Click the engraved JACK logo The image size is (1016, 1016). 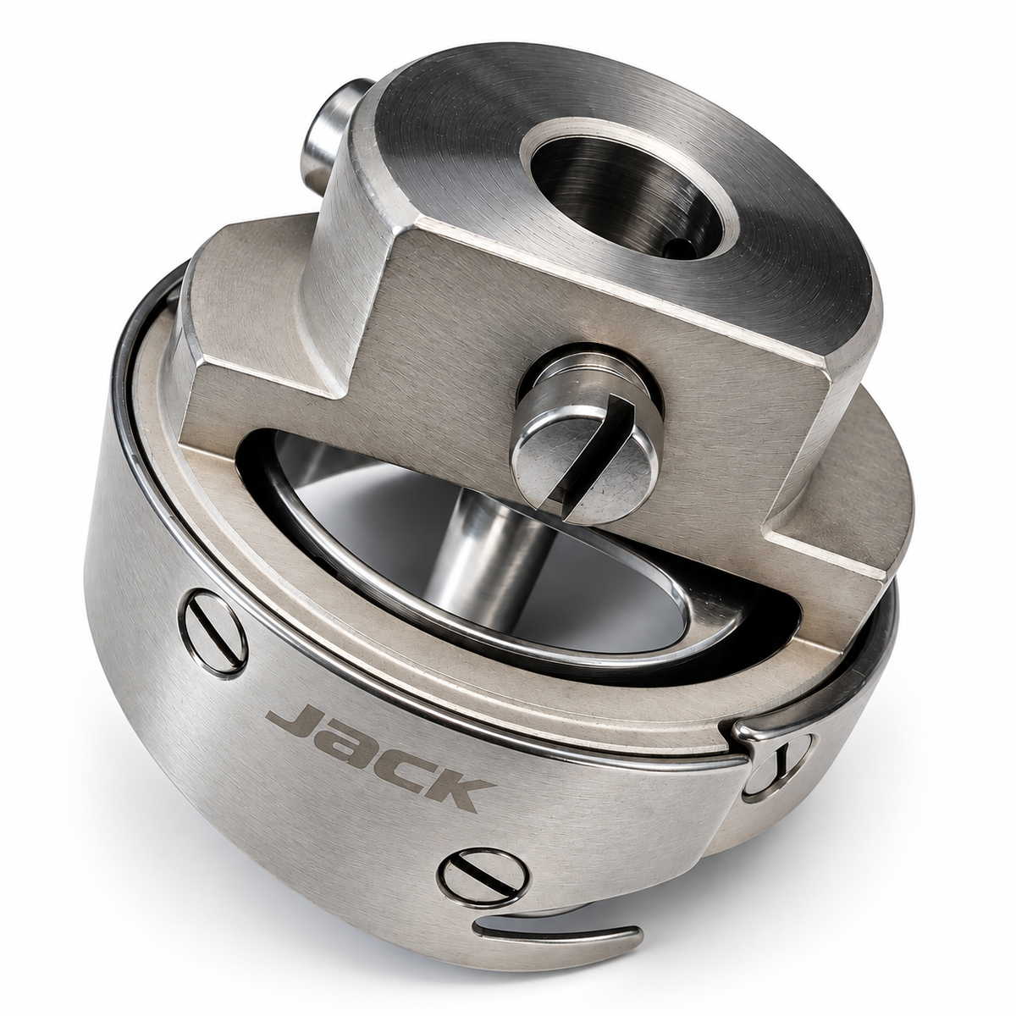pyautogui.click(x=379, y=753)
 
